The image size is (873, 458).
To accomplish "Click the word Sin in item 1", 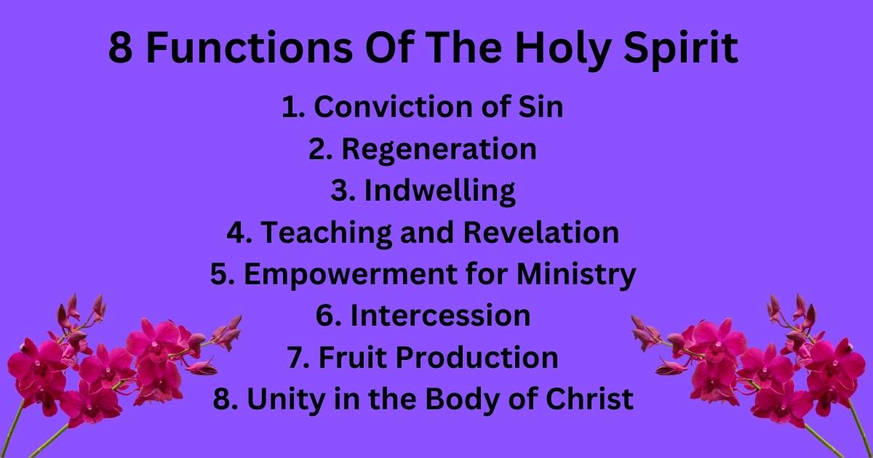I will tap(541, 107).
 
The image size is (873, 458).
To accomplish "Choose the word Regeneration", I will tap(439, 149).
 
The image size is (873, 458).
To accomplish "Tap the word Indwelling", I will tap(440, 190).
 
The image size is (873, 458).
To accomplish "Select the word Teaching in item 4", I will tap(327, 233).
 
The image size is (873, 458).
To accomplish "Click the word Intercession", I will tap(440, 316).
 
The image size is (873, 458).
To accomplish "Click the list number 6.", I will tap(325, 316).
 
